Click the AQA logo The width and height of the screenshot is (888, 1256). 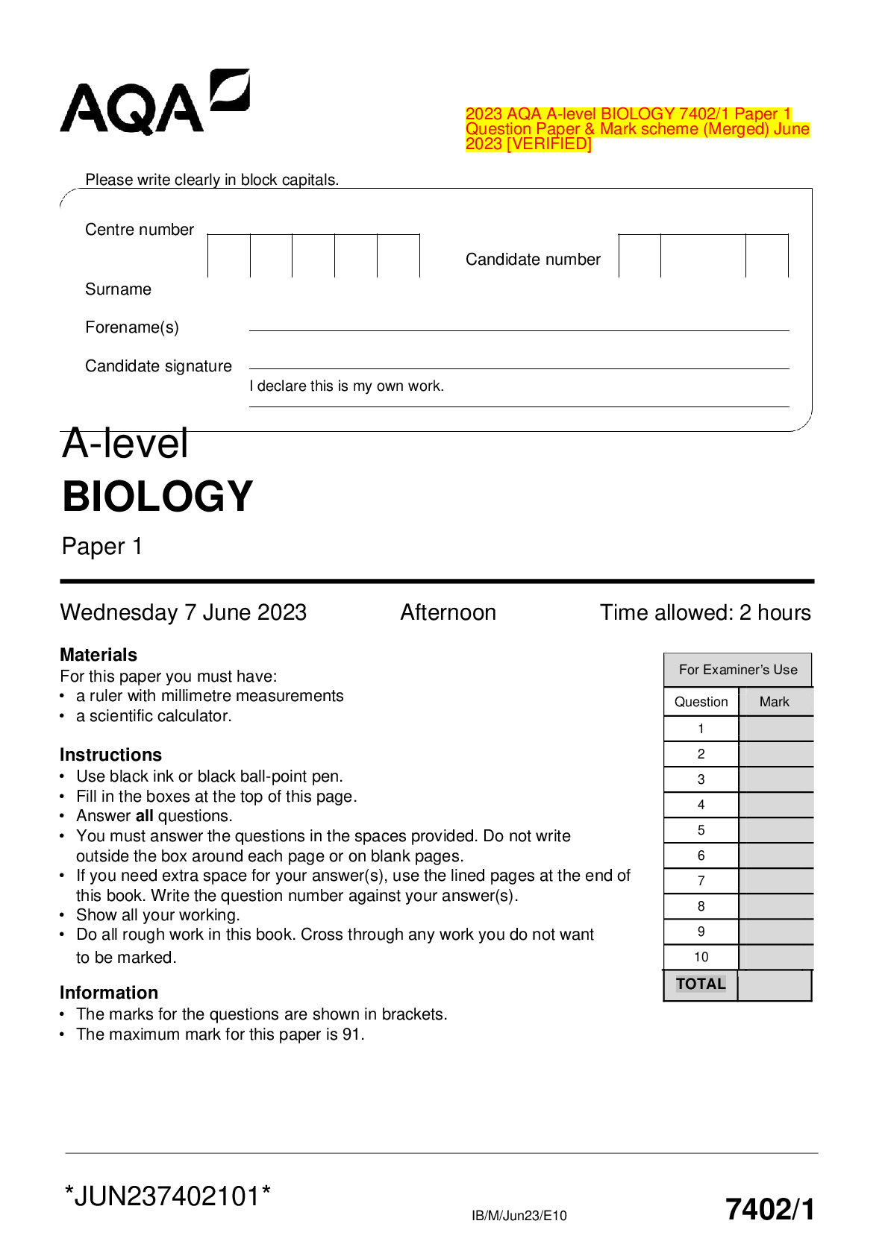[154, 103]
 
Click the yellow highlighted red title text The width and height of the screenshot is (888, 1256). [637, 129]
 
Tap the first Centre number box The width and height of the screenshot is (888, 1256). [228, 256]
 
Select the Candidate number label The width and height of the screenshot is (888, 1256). [533, 260]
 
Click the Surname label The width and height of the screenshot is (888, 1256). [118, 289]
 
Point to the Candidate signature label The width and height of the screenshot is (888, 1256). [158, 366]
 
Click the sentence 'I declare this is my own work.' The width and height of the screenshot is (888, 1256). [346, 386]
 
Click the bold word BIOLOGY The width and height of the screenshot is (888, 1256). [157, 497]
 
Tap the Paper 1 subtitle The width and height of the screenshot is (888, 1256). [101, 547]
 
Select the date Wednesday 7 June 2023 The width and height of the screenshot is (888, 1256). [183, 612]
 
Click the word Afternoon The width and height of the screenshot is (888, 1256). [448, 612]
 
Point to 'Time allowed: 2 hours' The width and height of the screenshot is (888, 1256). [705, 612]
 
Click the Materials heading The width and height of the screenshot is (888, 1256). [99, 655]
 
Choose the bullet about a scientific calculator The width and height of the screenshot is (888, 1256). [154, 716]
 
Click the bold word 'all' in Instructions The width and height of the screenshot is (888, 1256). [144, 816]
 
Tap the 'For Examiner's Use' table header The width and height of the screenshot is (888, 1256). [738, 670]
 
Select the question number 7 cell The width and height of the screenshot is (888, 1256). [701, 881]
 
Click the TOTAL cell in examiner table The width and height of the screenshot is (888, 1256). [701, 985]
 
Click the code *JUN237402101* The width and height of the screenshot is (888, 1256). [167, 1196]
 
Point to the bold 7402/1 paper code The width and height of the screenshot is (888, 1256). [769, 1209]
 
